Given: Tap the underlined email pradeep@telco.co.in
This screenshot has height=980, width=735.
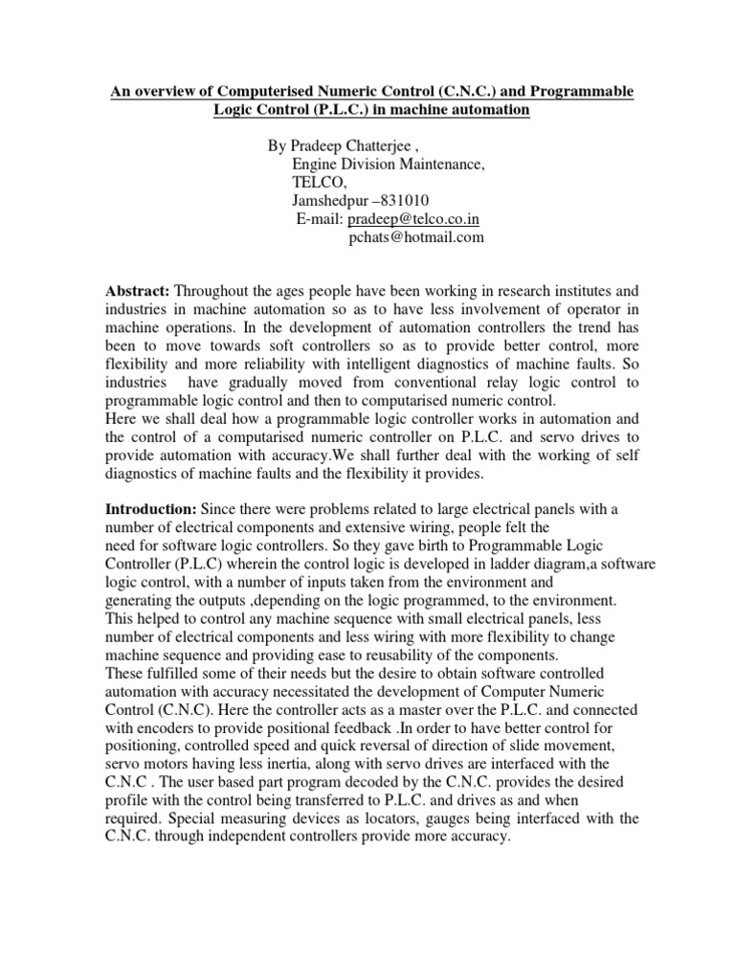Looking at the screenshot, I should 413,219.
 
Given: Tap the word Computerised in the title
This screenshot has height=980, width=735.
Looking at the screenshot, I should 249,91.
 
